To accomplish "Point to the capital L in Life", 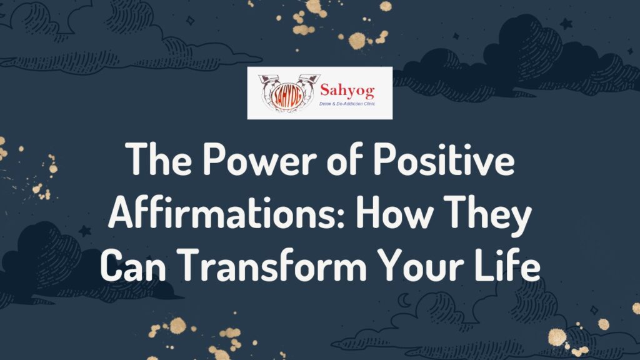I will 486,267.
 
